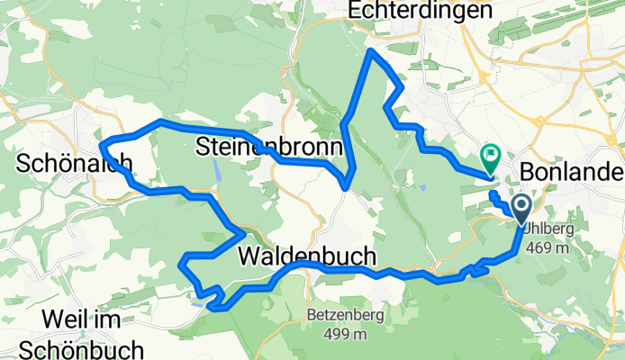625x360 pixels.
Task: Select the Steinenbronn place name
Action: (x=269, y=146)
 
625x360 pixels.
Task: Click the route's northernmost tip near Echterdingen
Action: (x=372, y=51)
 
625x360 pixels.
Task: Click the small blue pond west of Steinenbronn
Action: (x=217, y=168)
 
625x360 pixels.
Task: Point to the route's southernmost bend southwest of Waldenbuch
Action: (x=214, y=308)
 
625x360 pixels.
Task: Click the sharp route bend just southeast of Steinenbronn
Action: (x=346, y=185)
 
